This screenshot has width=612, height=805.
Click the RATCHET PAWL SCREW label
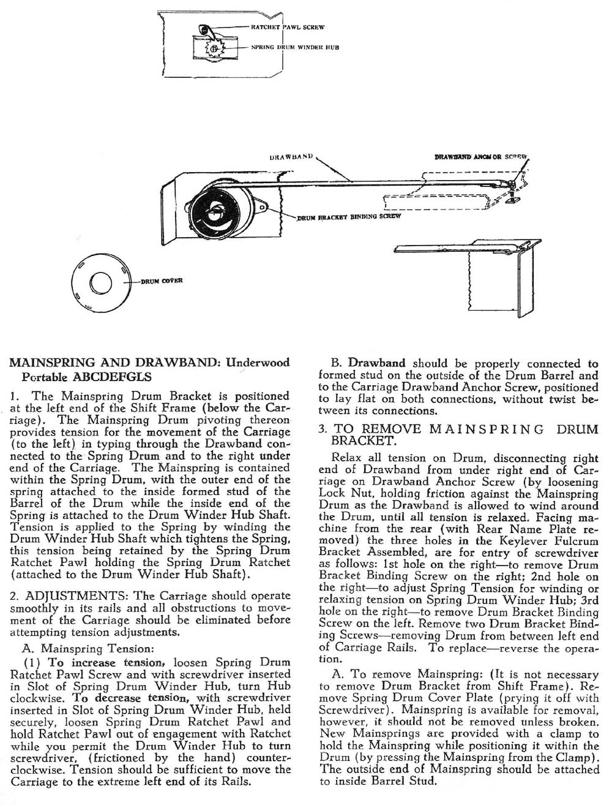coord(287,28)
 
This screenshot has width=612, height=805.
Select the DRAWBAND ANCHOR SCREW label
coord(480,156)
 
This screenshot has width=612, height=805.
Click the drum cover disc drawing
coord(100,284)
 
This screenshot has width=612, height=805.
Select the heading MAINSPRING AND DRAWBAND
coord(113,363)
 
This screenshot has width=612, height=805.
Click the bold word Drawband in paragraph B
coord(377,363)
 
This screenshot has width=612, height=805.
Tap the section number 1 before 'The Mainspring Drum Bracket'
coord(14,397)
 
